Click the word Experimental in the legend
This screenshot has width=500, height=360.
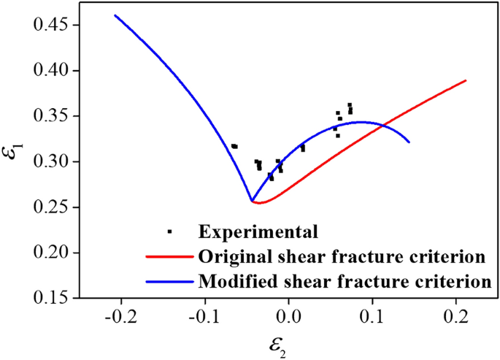258,232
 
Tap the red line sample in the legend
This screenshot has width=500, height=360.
167,256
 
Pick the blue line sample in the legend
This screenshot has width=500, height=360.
167,280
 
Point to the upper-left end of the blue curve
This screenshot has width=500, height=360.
115,15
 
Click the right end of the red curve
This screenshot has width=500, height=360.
465,80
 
